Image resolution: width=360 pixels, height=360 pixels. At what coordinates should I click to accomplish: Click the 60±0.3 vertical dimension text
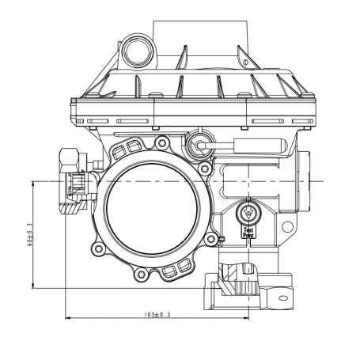click(29, 235)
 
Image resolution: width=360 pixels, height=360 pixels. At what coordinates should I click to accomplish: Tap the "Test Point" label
click(248, 232)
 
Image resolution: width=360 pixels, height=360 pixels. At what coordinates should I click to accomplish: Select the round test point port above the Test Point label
click(248, 213)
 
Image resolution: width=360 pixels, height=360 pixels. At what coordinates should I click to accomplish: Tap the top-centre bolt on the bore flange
click(162, 143)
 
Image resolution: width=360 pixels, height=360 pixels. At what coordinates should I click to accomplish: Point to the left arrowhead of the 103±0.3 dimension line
click(67, 319)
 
